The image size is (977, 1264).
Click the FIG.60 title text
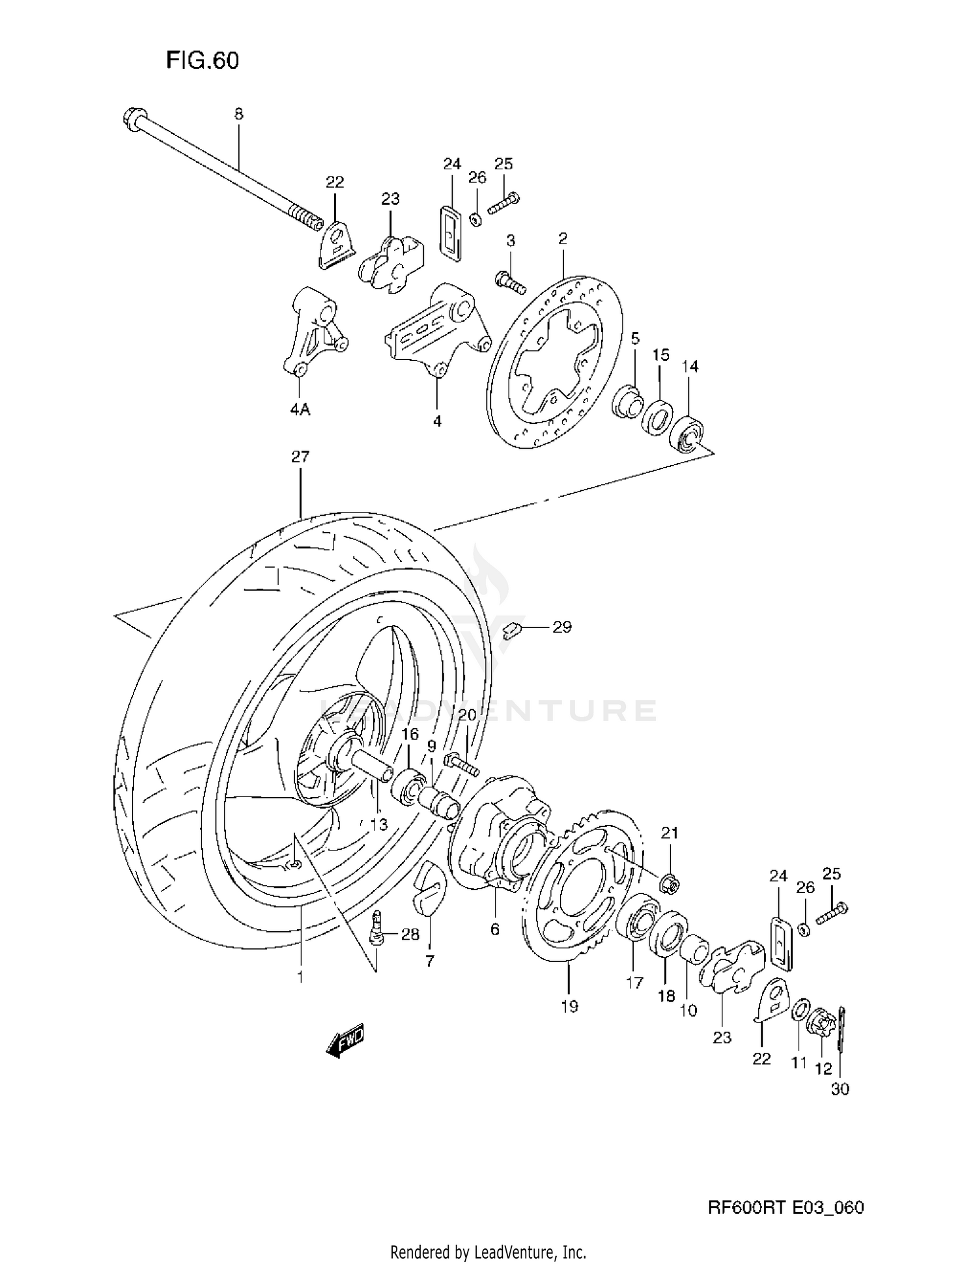coord(203,61)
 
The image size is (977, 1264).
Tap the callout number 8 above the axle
coord(238,115)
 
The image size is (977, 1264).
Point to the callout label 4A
coord(300,410)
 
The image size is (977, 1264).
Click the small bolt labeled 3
coord(510,282)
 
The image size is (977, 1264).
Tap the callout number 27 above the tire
coord(300,457)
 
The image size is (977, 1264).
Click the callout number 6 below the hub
coord(495,929)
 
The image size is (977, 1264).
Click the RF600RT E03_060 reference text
coord(786,1208)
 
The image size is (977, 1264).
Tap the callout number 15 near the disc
coord(660,356)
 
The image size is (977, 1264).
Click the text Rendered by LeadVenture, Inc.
coord(488,1251)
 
